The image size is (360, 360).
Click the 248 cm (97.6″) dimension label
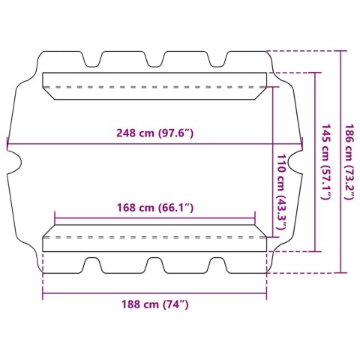pyautogui.click(x=155, y=133)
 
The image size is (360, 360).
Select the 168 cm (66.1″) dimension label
pyautogui.click(x=155, y=208)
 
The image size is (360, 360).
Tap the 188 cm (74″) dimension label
pyautogui.click(x=155, y=304)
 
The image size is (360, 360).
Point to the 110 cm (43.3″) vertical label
pyautogui.click(x=281, y=192)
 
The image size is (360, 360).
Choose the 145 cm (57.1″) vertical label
pyautogui.click(x=326, y=162)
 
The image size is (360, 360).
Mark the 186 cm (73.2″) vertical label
pyautogui.click(x=349, y=162)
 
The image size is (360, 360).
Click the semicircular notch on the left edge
pyautogui.click(x=14, y=162)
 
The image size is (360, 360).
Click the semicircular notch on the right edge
pyautogui.click(x=295, y=162)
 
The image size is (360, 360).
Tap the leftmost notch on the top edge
pyautogui.click(x=92, y=59)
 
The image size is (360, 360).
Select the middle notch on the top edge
pyautogui.click(x=154, y=59)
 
